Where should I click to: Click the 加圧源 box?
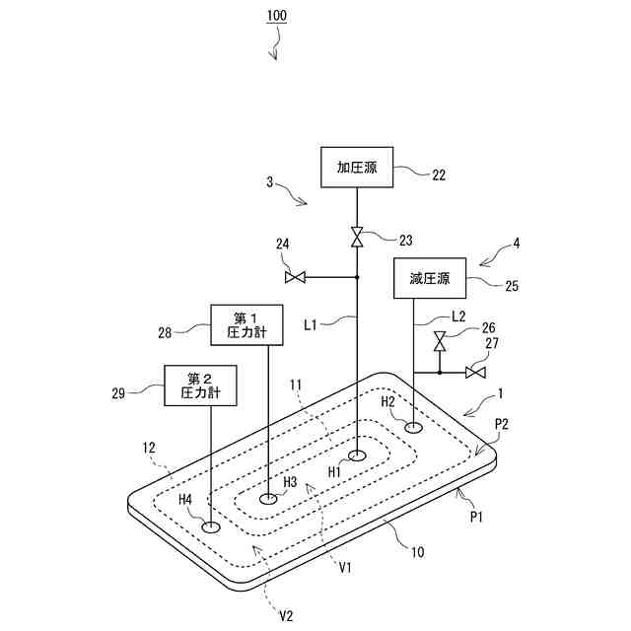(x=357, y=168)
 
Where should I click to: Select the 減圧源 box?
(x=429, y=279)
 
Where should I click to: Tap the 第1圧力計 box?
(x=246, y=324)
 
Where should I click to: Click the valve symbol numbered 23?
(x=357, y=237)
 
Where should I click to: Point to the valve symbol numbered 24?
(x=294, y=278)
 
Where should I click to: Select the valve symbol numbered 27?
(x=474, y=372)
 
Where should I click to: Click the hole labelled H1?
(x=357, y=456)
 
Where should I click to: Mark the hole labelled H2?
(x=413, y=427)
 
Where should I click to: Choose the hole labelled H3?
(x=268, y=500)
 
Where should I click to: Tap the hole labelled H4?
(x=211, y=527)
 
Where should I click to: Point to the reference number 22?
(x=439, y=175)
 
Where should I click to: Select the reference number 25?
(x=511, y=287)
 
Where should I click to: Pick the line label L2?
(x=457, y=316)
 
